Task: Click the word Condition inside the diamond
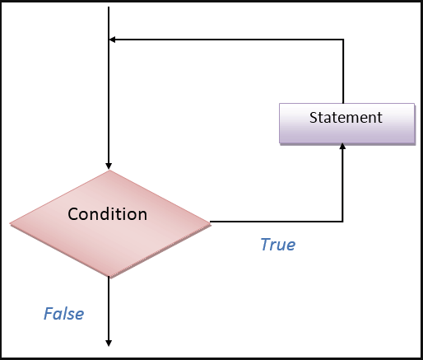click(x=107, y=214)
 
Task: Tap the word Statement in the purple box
click(x=346, y=118)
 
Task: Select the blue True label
click(x=278, y=245)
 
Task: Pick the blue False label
click(x=64, y=314)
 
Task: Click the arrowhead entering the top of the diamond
click(x=109, y=166)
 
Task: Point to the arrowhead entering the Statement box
click(x=342, y=147)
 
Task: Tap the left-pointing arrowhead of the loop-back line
click(x=112, y=40)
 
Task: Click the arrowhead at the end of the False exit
click(x=109, y=343)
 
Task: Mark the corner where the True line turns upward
click(x=342, y=221)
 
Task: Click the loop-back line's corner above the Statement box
click(x=343, y=40)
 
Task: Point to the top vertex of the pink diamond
click(x=109, y=171)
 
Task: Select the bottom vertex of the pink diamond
click(x=109, y=276)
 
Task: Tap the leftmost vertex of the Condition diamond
click(x=10, y=223)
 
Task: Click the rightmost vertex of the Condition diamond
click(x=211, y=225)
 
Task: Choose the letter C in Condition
click(x=73, y=214)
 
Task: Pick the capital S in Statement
click(x=314, y=118)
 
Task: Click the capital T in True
click(x=266, y=245)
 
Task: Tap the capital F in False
click(x=49, y=314)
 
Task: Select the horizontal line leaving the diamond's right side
click(x=277, y=221)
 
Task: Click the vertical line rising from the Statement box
click(x=343, y=72)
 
